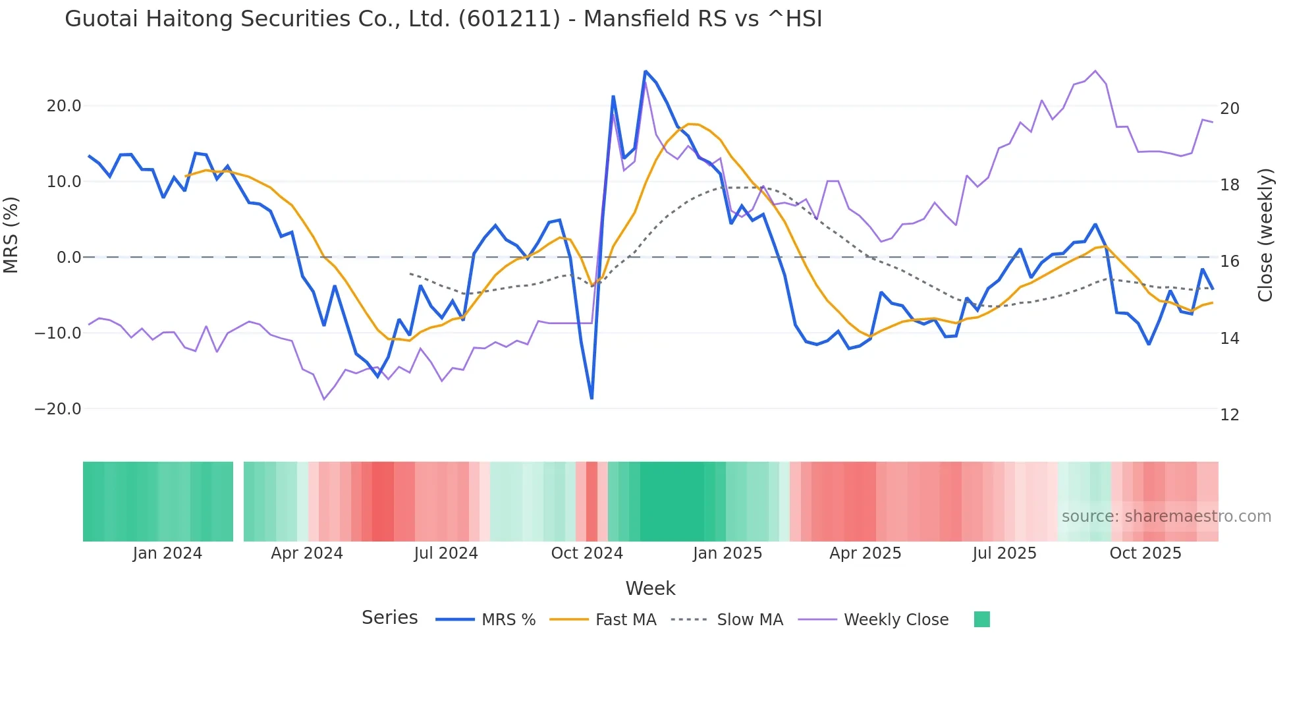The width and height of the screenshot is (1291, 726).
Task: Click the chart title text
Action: (x=443, y=19)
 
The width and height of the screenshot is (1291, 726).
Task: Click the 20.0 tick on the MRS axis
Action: (x=64, y=106)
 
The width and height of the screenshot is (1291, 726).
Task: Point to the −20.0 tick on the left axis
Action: (x=58, y=409)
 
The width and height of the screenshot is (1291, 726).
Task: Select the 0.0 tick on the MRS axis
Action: (x=69, y=258)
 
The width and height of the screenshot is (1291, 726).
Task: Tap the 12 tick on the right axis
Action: (x=1229, y=415)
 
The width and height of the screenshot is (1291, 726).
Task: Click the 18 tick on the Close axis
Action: (x=1229, y=185)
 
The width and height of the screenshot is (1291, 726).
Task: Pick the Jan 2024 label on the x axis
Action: (x=167, y=553)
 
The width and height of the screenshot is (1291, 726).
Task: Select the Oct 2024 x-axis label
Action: (x=587, y=553)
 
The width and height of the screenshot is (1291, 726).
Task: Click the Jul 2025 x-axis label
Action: (x=1004, y=553)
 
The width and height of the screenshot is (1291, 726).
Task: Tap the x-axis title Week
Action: (x=650, y=588)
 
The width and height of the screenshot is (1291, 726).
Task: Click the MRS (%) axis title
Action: (x=11, y=235)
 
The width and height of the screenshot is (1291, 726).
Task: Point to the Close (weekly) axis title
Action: (x=1265, y=235)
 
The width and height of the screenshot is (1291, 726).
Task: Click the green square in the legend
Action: (x=981, y=620)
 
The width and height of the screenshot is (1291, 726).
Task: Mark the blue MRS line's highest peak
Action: (x=645, y=71)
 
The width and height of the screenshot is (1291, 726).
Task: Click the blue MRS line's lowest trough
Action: (x=591, y=399)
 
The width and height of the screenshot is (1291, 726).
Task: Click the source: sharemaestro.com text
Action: (x=1166, y=517)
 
